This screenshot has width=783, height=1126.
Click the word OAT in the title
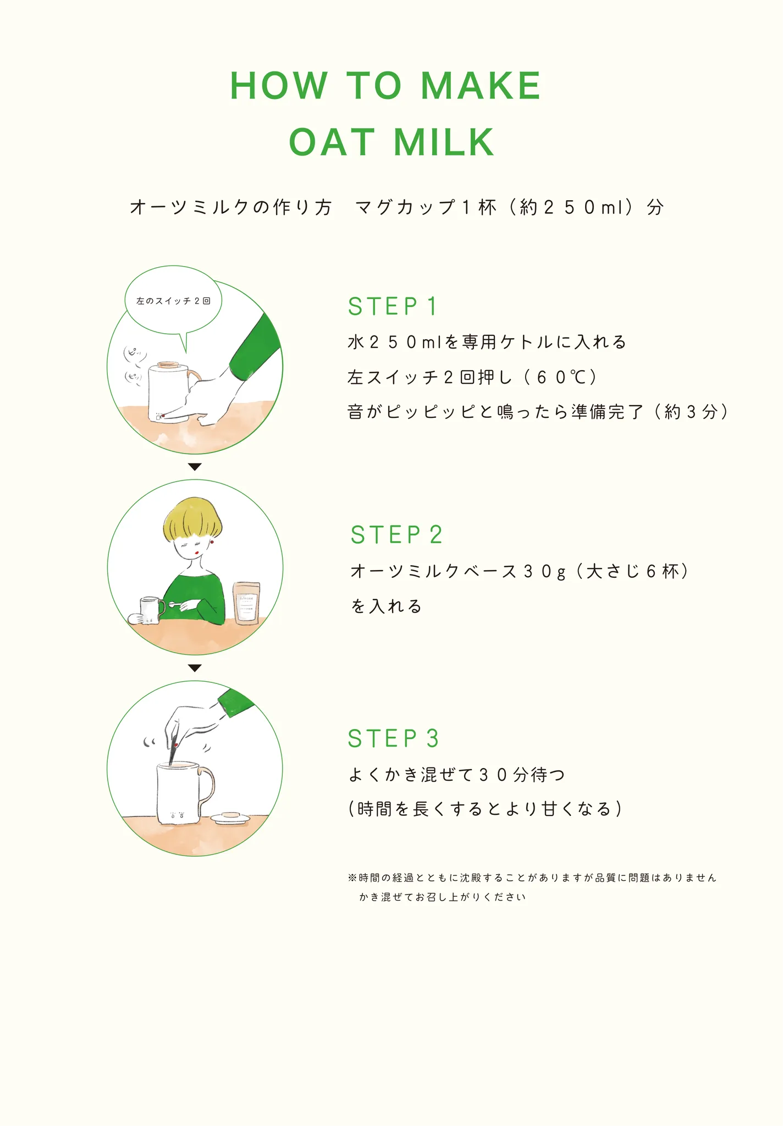pyautogui.click(x=332, y=142)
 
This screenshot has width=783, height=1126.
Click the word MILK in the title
pyautogui.click(x=444, y=142)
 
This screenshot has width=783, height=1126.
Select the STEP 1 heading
pyautogui.click(x=393, y=306)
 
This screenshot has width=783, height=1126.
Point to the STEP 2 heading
pyautogui.click(x=396, y=534)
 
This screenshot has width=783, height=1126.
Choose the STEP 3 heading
pyautogui.click(x=393, y=738)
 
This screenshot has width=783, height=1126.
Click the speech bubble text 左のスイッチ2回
pyautogui.click(x=173, y=301)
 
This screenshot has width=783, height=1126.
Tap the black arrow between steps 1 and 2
pyautogui.click(x=195, y=467)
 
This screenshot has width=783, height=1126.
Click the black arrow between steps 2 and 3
pyautogui.click(x=195, y=668)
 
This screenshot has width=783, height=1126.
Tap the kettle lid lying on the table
pyautogui.click(x=231, y=817)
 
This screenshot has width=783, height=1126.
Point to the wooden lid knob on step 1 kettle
pyautogui.click(x=168, y=365)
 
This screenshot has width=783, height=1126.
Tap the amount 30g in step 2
pyautogui.click(x=544, y=572)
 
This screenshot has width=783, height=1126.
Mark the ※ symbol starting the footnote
pyautogui.click(x=352, y=877)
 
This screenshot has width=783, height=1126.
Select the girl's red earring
pyautogui.click(x=212, y=542)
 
